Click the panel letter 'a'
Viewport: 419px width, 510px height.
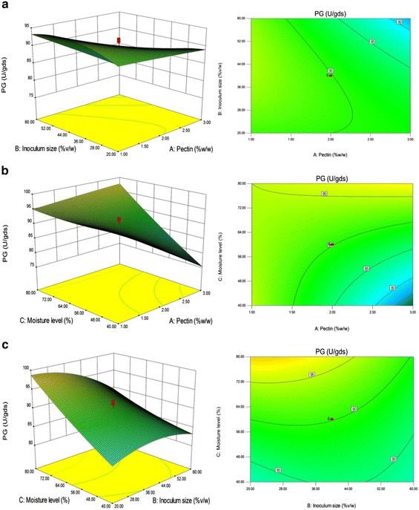click(x=5, y=5)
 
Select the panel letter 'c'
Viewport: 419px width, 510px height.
click(x=5, y=344)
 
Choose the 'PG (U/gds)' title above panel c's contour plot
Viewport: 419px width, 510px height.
click(x=331, y=350)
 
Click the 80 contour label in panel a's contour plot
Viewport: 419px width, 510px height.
click(x=399, y=22)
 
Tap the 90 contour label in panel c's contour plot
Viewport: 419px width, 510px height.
click(x=354, y=408)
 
